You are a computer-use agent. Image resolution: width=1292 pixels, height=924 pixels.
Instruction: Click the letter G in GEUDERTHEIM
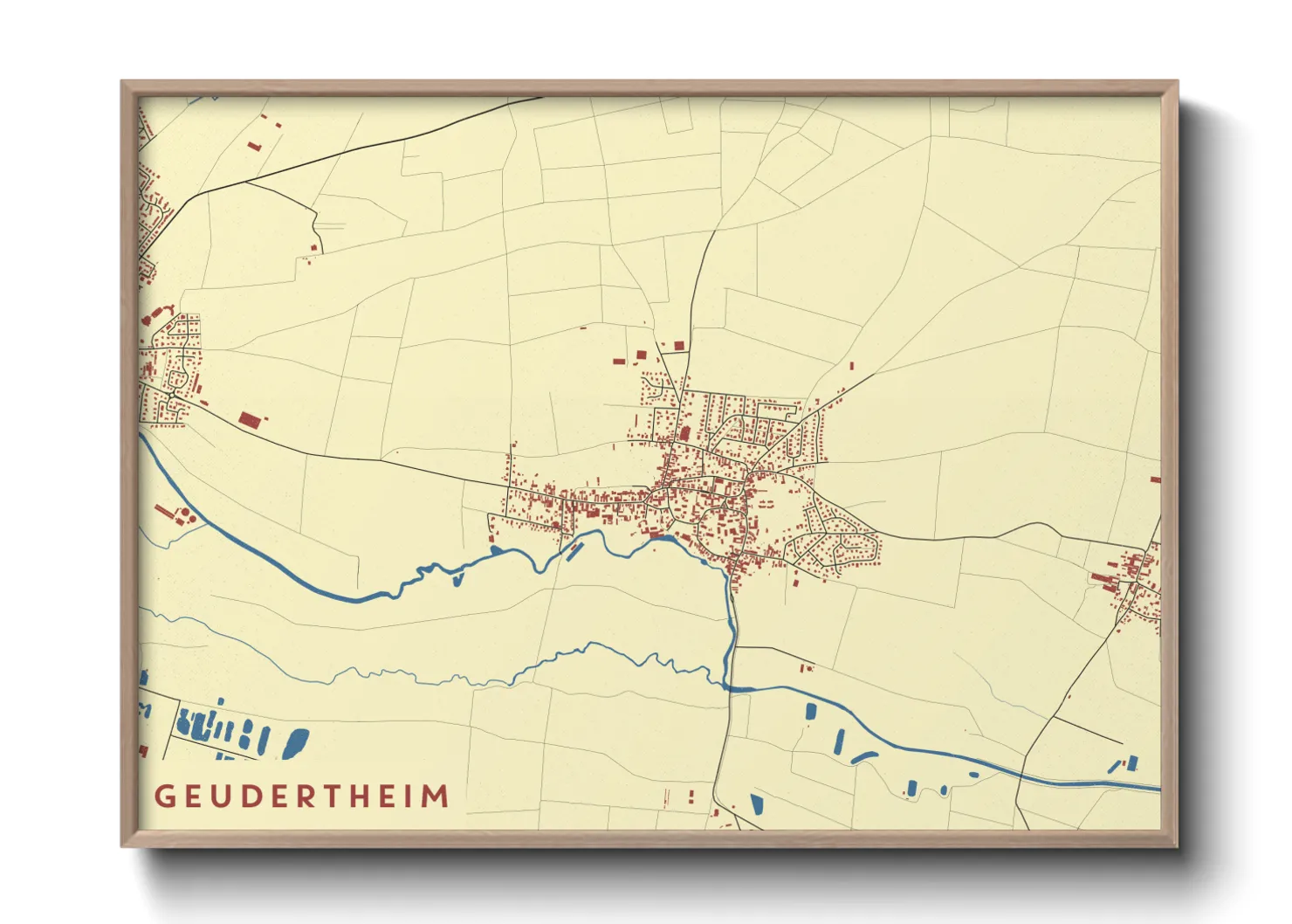[x=165, y=796]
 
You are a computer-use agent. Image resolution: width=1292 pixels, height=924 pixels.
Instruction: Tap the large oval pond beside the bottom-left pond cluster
[x=295, y=743]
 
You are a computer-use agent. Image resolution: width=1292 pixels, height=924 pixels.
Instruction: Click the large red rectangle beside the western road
[x=250, y=420]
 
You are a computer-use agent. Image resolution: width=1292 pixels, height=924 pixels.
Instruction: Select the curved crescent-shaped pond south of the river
[x=863, y=756]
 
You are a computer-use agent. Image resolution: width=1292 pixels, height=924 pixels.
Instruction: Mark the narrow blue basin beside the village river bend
[x=574, y=551]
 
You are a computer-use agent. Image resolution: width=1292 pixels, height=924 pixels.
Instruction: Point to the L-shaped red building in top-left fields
[x=254, y=146]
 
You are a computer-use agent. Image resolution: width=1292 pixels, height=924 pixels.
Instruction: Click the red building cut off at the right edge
[x=1155, y=479]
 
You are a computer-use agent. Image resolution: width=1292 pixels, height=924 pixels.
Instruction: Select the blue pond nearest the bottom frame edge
[x=756, y=804]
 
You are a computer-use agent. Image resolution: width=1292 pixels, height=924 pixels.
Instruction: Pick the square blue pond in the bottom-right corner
[x=1132, y=763]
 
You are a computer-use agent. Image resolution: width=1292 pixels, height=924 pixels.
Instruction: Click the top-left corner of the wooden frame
[x=121, y=81]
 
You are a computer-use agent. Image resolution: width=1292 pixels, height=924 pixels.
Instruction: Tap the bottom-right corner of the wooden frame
[x=1178, y=846]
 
